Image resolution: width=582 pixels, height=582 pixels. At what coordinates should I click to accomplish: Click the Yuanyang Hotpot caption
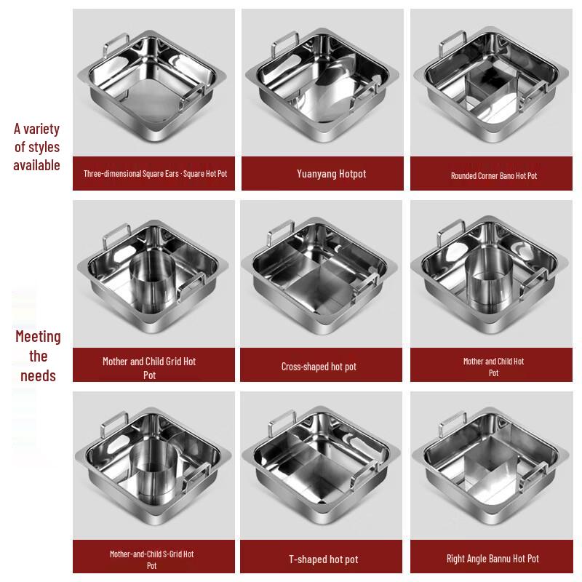332,174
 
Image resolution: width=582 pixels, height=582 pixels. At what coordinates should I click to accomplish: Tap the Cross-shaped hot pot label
319,367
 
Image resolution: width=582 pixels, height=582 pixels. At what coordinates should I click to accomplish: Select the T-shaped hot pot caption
323,559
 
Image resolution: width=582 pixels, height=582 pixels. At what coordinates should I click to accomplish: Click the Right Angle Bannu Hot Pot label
493,559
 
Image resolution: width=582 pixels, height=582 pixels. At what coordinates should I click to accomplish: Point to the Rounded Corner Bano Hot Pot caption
494,175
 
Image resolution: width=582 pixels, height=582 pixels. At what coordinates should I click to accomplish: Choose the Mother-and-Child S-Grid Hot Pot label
152,559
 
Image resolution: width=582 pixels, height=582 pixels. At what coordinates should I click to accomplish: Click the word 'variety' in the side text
41,129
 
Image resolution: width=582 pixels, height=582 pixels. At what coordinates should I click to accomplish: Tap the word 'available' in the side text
36,165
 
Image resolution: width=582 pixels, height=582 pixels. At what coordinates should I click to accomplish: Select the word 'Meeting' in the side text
38,337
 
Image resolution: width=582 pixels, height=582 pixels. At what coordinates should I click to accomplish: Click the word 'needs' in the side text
38,375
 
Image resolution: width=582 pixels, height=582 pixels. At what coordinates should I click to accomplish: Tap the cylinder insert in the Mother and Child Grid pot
152,282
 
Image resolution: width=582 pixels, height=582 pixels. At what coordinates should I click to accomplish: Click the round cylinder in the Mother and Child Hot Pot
489,279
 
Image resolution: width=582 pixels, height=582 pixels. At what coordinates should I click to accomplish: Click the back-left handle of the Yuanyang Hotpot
285,44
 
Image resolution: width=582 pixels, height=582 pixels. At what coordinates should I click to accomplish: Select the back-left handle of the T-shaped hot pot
282,422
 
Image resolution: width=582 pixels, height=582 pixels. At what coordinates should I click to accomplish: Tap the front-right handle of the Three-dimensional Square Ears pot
192,97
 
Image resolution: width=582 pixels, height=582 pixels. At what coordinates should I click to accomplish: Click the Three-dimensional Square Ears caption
155,174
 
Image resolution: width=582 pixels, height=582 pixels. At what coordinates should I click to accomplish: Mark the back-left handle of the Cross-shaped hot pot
281,232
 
